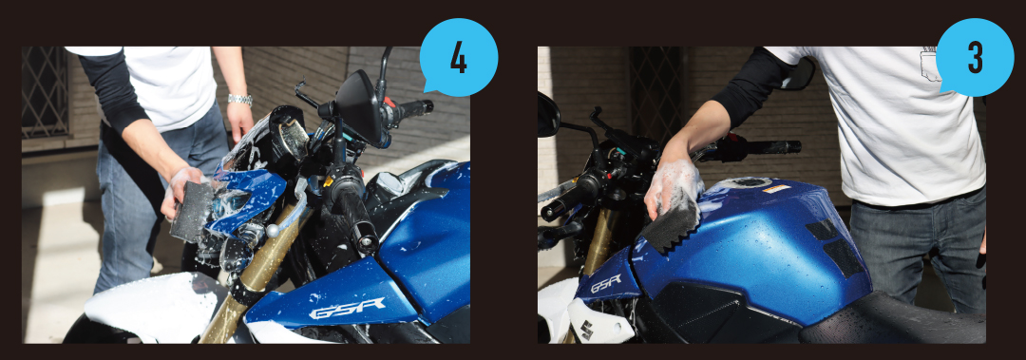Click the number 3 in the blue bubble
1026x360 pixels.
pyautogui.click(x=975, y=58)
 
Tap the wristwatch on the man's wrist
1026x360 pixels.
pyautogui.click(x=240, y=100)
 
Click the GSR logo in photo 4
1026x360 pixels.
pyautogui.click(x=347, y=308)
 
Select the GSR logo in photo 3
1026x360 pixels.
pyautogui.click(x=606, y=283)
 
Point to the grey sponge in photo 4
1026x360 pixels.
pyautogui.click(x=190, y=210)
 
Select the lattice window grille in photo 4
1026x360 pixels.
pyautogui.click(x=45, y=92)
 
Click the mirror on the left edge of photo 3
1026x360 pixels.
pyautogui.click(x=548, y=114)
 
